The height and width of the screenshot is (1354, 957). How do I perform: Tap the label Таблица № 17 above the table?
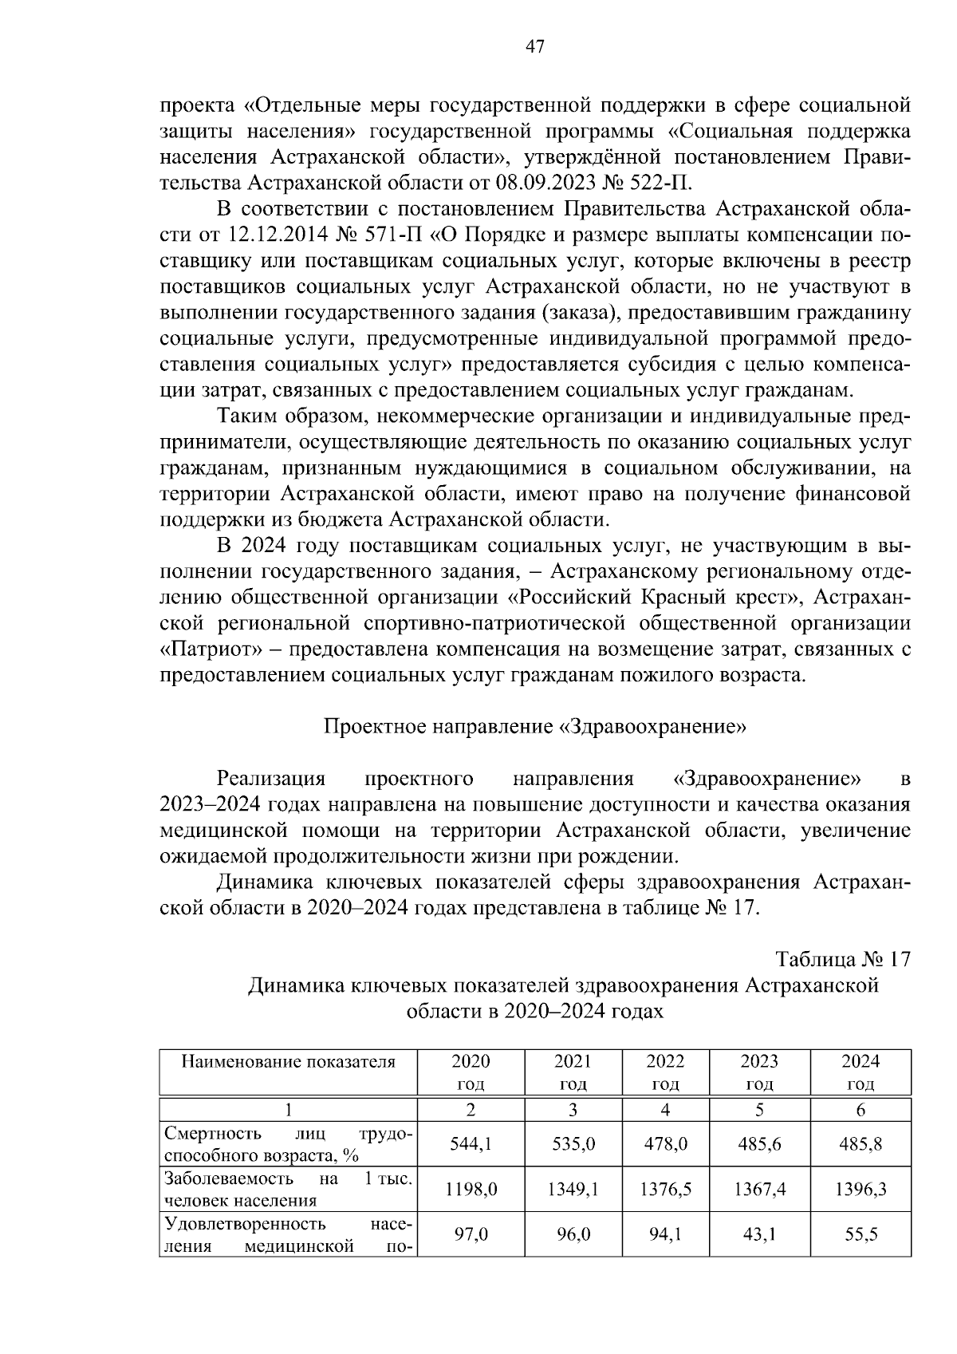click(843, 959)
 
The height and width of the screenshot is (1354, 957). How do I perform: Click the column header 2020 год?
click(471, 1072)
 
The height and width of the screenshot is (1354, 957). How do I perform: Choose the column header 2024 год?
click(861, 1072)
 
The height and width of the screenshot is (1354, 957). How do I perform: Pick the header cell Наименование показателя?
click(289, 1062)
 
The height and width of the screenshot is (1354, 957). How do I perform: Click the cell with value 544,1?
click(471, 1144)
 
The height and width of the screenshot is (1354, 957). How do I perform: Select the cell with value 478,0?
click(665, 1144)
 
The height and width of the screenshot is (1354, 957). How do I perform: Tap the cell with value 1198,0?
click(471, 1190)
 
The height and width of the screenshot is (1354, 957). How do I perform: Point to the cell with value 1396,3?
click(861, 1190)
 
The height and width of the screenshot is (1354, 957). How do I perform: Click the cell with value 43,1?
click(759, 1235)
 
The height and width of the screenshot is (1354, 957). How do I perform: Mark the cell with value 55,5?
click(861, 1235)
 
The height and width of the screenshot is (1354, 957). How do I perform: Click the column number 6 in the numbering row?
click(861, 1110)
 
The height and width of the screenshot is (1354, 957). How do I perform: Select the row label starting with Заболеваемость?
click(289, 1190)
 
